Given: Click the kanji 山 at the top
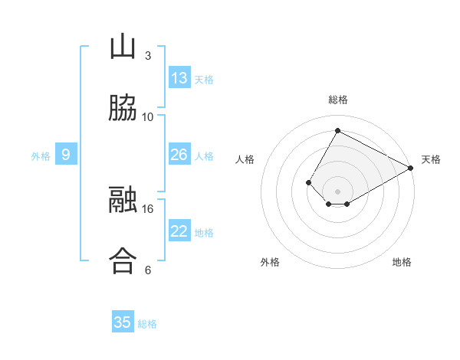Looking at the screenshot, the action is click(123, 46).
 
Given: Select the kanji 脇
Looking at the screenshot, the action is click(123, 107).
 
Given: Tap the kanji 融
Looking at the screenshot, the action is click(123, 199).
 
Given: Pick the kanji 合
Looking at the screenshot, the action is click(123, 260).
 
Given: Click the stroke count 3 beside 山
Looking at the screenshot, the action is click(148, 56).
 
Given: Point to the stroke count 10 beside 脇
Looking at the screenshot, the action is click(147, 117).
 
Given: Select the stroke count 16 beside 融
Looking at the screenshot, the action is click(147, 209).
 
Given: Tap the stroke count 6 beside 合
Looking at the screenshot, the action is click(148, 270).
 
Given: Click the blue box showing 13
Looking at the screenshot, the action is click(179, 77).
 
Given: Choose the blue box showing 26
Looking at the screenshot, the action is click(179, 154).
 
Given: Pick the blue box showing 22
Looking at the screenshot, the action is click(179, 230).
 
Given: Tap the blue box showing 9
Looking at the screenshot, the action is click(66, 154).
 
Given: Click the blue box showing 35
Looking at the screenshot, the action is click(123, 321).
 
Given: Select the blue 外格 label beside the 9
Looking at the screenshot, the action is click(41, 156).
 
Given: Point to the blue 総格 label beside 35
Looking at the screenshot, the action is click(147, 324).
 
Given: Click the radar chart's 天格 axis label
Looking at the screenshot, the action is click(431, 159).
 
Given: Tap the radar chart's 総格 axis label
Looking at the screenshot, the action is click(338, 100).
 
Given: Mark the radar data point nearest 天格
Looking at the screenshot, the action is click(410, 168).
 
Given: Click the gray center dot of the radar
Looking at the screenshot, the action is click(337, 191).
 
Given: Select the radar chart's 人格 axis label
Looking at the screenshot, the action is click(245, 159).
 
